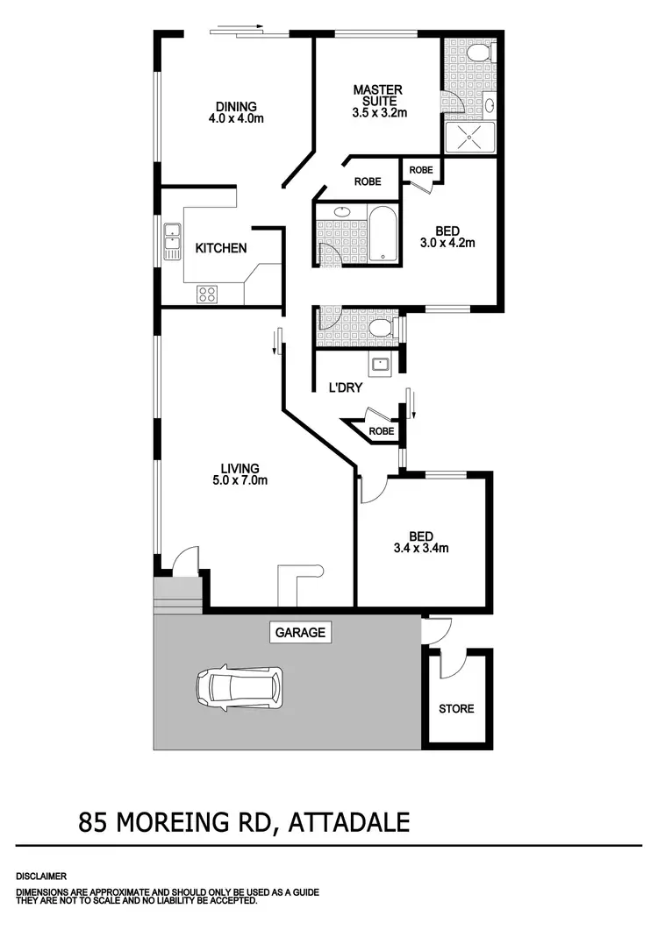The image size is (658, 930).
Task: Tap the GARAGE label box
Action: pyautogui.click(x=301, y=632)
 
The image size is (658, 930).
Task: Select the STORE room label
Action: pyautogui.click(x=457, y=708)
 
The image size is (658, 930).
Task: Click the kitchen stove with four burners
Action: pyautogui.click(x=207, y=294)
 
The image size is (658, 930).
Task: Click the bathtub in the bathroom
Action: pyautogui.click(x=383, y=233)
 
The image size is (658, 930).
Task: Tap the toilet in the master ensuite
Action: pyautogui.click(x=478, y=54)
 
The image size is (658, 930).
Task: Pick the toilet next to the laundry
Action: pyautogui.click(x=380, y=329)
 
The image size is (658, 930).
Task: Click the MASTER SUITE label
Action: pyautogui.click(x=378, y=96)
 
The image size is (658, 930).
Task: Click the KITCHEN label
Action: pyautogui.click(x=220, y=249)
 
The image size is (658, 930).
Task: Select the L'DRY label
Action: pyautogui.click(x=346, y=387)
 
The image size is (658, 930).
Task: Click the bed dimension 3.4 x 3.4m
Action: pyautogui.click(x=422, y=550)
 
